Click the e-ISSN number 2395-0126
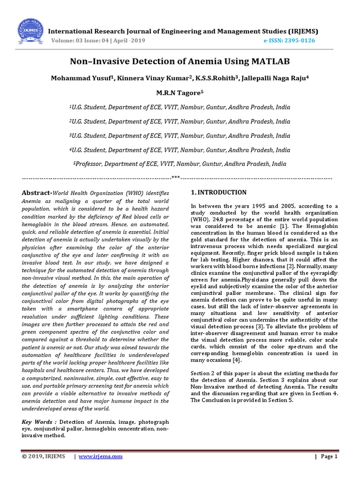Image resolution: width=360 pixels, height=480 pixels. click(x=300, y=41)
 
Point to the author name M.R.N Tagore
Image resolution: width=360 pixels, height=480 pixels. click(x=179, y=93)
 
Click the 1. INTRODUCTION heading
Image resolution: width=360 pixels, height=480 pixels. click(x=218, y=193)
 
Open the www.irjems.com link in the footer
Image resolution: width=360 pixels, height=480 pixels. click(x=100, y=457)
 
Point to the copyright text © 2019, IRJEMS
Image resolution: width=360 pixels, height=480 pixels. click(x=44, y=457)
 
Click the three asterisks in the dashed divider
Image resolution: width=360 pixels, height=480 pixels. click(x=176, y=178)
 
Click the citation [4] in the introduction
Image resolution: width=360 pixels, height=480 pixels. click(x=239, y=360)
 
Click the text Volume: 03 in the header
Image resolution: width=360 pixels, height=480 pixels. click(x=67, y=41)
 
